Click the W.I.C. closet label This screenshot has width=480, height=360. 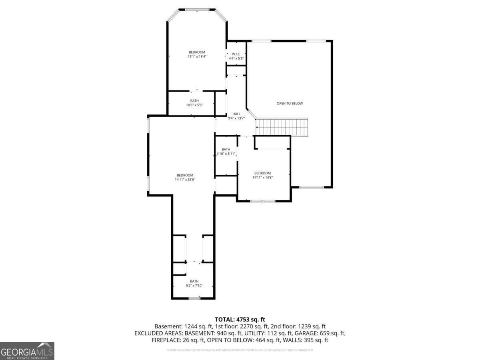click(x=236, y=54)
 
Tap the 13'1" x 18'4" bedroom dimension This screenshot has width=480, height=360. click(x=197, y=57)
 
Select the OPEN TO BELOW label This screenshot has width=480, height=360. click(x=290, y=103)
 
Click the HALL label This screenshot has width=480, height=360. click(x=236, y=114)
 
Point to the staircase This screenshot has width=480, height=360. click(x=282, y=127)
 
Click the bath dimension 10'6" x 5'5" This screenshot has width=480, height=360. click(x=194, y=105)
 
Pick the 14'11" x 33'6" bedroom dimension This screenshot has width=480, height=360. click(x=185, y=180)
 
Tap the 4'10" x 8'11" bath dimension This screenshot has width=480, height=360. click(x=226, y=154)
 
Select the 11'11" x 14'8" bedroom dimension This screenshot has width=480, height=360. click(x=262, y=177)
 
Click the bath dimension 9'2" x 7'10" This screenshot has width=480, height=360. click(x=194, y=286)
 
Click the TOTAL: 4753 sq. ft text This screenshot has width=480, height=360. click(x=240, y=319)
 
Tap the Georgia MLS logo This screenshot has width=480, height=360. click(x=27, y=351)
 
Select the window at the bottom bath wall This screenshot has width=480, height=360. click(x=194, y=298)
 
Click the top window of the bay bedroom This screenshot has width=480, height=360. click(x=197, y=9)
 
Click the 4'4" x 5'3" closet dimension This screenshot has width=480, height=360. click(x=236, y=58)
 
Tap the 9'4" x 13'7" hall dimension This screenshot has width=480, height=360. click(x=236, y=118)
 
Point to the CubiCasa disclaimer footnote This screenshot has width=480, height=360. click(x=240, y=350)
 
